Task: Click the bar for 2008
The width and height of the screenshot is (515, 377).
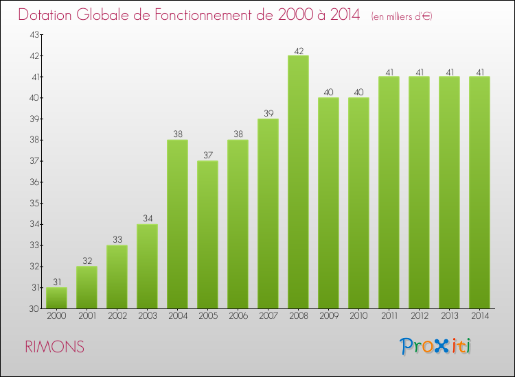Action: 298,182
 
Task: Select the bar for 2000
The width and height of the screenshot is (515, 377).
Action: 56,298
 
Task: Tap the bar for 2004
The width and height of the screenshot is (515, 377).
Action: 177,224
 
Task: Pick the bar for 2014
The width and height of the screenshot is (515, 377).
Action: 479,193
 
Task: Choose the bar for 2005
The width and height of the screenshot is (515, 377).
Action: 207,234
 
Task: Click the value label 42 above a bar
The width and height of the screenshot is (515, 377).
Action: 298,50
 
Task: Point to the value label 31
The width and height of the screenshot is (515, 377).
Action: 56,282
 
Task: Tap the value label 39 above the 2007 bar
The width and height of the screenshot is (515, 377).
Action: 268,114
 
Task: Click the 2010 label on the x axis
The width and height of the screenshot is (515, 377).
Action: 358,315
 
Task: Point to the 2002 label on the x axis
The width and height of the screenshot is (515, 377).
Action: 117,315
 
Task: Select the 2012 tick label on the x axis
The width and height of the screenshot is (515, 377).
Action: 419,315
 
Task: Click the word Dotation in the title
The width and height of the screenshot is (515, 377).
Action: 45,15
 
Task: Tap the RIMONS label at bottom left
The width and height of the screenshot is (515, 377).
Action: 55,348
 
